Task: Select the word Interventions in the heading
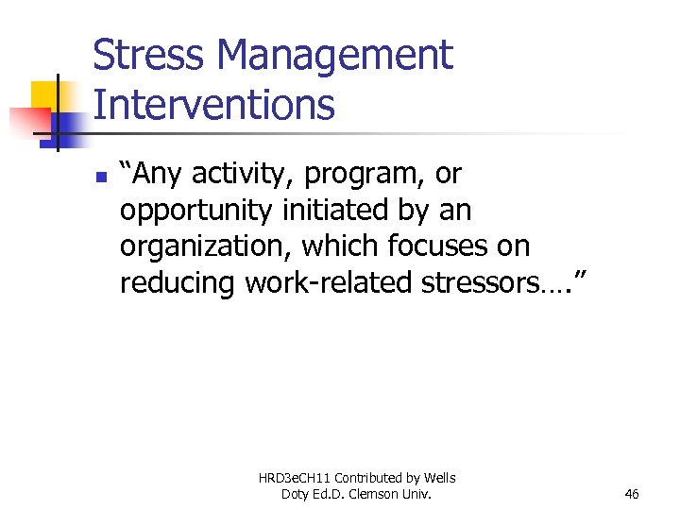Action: tap(214, 104)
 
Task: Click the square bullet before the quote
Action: tap(103, 177)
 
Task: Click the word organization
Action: tap(206, 247)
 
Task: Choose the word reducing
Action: tap(178, 282)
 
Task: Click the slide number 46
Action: tap(632, 494)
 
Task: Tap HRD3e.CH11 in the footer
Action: tap(296, 478)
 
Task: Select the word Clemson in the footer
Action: tap(392, 494)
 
